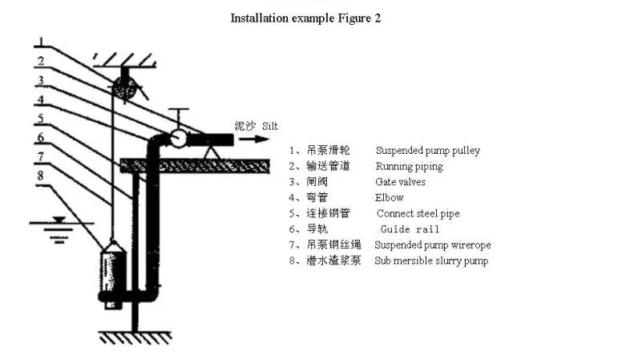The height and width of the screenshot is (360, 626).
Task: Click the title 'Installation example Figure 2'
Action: click(305, 18)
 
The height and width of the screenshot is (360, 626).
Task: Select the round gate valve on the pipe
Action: click(178, 138)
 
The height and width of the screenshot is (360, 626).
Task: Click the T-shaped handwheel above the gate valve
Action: click(179, 112)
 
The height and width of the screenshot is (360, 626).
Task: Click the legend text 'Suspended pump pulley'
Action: click(427, 151)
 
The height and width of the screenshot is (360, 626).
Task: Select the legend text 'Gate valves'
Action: click(400, 182)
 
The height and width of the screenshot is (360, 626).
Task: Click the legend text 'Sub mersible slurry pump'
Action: click(431, 261)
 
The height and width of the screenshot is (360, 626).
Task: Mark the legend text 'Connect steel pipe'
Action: click(418, 213)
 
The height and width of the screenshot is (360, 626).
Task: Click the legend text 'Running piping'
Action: click(409, 167)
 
